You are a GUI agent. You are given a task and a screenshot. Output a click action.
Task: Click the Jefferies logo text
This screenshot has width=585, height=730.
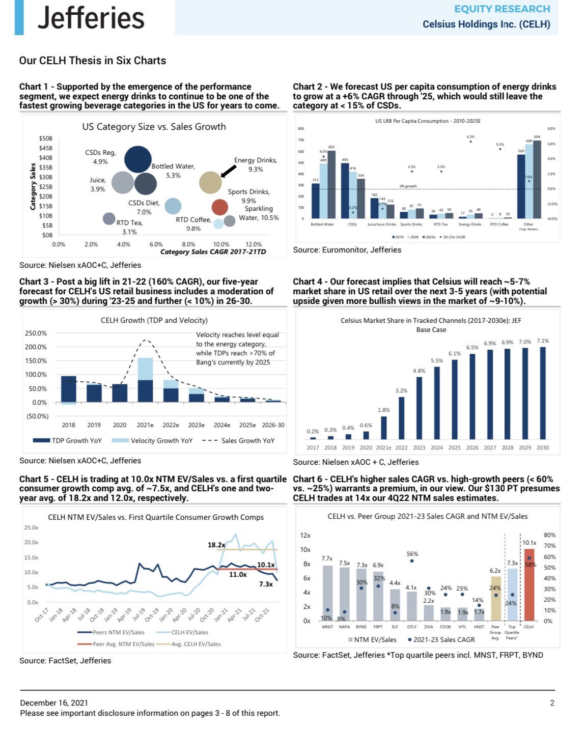(91, 18)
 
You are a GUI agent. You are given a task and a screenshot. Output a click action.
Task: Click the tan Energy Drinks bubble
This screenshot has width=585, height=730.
(210, 182)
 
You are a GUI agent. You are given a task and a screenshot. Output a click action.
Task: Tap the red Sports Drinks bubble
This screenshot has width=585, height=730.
(219, 207)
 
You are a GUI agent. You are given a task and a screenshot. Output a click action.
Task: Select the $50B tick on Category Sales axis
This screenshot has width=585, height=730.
(45, 138)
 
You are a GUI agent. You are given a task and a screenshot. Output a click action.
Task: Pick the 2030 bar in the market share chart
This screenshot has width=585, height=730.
(543, 392)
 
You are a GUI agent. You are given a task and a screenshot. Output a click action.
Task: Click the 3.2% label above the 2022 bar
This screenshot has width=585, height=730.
(401, 390)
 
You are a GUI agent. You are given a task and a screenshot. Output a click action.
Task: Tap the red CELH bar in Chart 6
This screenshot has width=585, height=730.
(529, 584)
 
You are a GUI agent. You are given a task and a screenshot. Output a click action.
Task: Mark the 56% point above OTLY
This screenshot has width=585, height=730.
(412, 561)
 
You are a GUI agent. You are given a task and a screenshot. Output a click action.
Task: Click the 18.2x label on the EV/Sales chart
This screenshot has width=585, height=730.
(216, 545)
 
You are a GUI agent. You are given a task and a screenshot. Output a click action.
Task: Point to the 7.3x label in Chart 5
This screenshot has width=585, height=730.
(266, 584)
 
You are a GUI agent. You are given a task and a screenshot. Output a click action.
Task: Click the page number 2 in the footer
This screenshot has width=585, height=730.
(552, 703)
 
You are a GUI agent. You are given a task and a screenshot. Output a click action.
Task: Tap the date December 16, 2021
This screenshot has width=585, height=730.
(54, 703)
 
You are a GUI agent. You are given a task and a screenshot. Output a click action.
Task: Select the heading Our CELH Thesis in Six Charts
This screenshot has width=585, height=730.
(93, 61)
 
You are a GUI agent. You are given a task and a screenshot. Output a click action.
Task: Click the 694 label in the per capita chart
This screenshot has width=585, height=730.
(537, 137)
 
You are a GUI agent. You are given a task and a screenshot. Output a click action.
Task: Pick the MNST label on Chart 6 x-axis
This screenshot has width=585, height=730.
(327, 627)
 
